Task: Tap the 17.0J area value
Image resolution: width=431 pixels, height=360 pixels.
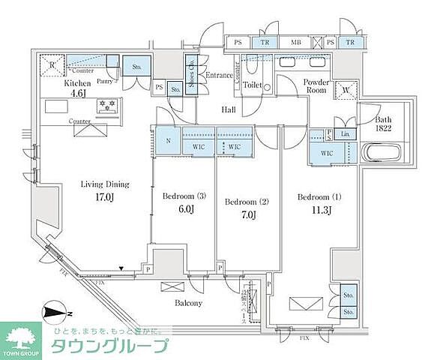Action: tap(105, 199)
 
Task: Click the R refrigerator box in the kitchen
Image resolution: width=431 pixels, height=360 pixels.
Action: tap(52, 64)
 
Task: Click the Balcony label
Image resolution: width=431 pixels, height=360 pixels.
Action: tap(188, 303)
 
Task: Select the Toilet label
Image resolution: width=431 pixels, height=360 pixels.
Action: tap(252, 85)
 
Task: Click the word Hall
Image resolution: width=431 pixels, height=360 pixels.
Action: tap(229, 110)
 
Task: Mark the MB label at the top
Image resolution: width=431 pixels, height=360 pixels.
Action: tap(295, 43)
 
